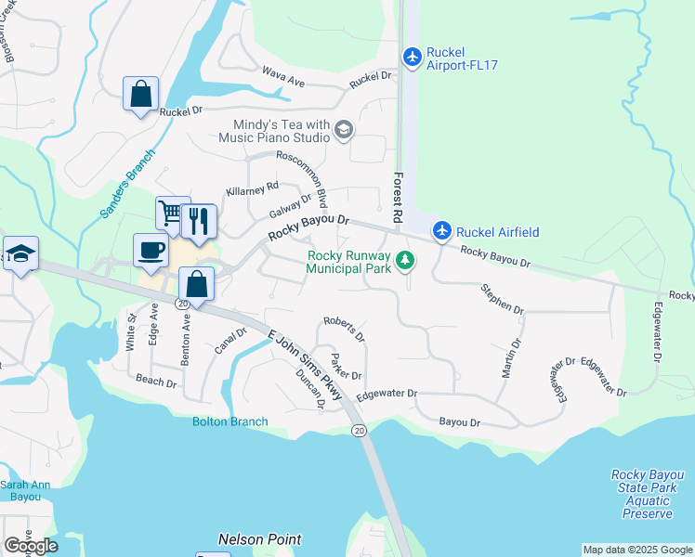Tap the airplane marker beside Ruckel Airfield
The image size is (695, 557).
pyautogui.click(x=443, y=231)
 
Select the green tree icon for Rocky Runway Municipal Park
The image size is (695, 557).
pyautogui.click(x=404, y=260)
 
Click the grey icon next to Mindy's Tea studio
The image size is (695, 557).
pyautogui.click(x=343, y=129)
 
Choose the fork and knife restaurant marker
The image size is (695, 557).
pyautogui.click(x=199, y=221)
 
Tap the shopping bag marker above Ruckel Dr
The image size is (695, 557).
pyautogui.click(x=141, y=94)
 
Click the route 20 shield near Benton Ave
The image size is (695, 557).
pyautogui.click(x=181, y=304)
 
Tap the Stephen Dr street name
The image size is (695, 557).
pyautogui.click(x=502, y=298)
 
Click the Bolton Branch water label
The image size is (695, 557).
pyautogui.click(x=229, y=421)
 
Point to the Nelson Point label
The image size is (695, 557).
pyautogui.click(x=259, y=538)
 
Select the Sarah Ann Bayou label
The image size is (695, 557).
pyautogui.click(x=20, y=490)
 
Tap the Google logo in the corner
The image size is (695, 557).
pyautogui.click(x=31, y=545)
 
